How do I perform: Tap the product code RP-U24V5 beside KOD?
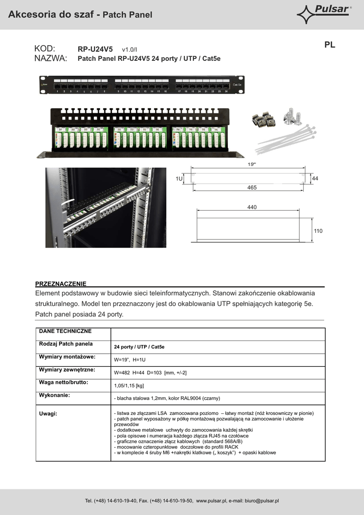point(95,49)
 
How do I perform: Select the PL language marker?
point(329,45)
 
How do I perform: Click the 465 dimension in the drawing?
point(252,187)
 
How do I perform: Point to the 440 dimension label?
point(252,207)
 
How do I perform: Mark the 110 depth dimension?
point(318,230)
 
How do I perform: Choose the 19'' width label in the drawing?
point(252,164)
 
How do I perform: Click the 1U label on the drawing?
point(179,179)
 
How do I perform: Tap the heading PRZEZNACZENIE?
point(61,284)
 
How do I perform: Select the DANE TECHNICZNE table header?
point(65,331)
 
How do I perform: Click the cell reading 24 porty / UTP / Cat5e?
point(139,347)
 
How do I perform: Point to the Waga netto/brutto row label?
point(63,382)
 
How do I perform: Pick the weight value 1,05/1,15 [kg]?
point(129,385)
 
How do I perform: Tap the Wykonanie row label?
point(55,395)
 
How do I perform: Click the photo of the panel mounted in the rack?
point(105,207)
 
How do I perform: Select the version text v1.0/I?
point(129,50)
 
